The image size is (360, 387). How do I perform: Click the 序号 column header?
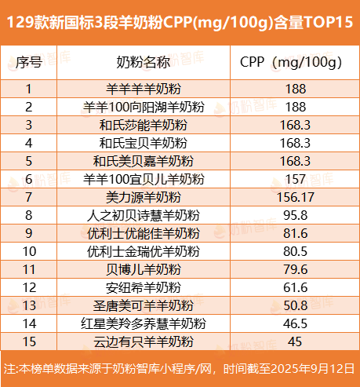tap(29, 62)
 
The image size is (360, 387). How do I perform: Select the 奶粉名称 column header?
tap(144, 62)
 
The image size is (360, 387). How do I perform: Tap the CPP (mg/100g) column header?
tap(291, 63)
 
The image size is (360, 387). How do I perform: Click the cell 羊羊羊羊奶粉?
tap(144, 89)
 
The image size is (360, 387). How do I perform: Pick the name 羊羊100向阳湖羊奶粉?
tap(144, 107)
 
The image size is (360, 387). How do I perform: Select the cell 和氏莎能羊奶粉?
tap(144, 125)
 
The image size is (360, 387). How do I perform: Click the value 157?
tap(296, 179)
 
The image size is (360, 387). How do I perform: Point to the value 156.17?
tap(296, 197)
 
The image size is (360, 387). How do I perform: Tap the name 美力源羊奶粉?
tap(144, 197)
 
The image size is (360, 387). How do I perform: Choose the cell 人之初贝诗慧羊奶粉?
tap(144, 215)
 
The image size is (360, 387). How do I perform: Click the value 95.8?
tap(296, 215)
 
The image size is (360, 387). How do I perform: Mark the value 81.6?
tap(296, 233)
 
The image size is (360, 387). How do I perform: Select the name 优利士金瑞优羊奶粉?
tap(144, 251)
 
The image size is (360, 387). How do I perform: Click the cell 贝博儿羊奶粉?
tap(144, 269)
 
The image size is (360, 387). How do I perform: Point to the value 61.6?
tap(296, 287)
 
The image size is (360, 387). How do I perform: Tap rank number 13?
tap(29, 305)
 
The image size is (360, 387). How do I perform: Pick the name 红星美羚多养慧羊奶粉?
tap(144, 323)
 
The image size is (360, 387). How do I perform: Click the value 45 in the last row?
tap(295, 341)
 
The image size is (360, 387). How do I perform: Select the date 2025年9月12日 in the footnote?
tap(312, 369)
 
